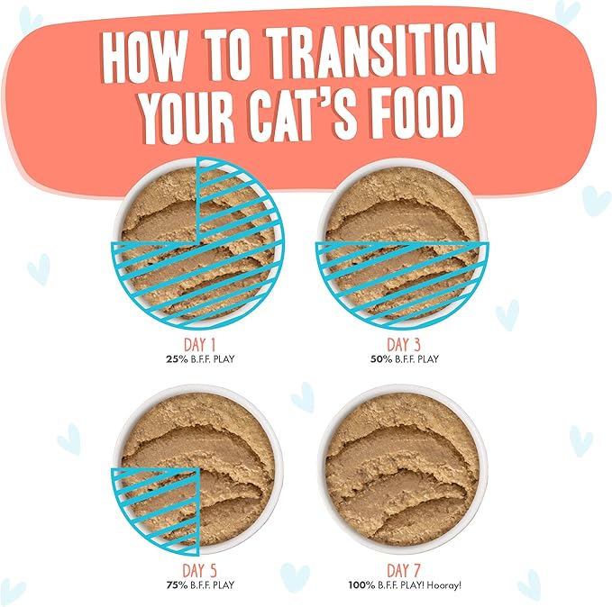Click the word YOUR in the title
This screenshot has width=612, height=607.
[193, 116]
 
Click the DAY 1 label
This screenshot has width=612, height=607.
[196, 345]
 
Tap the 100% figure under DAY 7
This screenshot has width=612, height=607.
[361, 584]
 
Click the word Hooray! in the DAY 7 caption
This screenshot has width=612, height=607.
[444, 584]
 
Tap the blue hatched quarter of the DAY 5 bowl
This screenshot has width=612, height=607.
[158, 506]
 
